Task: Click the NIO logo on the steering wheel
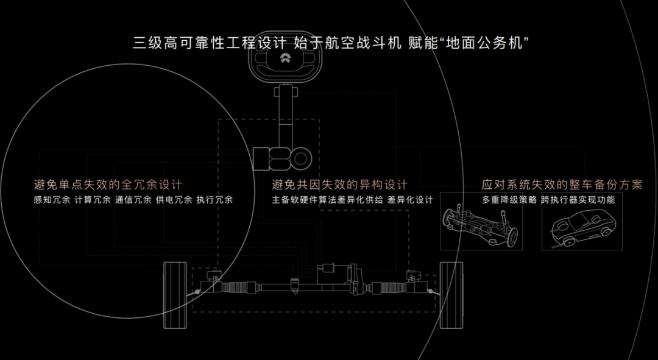click(283, 59)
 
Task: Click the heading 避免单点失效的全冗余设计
click(108, 185)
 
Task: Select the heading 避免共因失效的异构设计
click(339, 185)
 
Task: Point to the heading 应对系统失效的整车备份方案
click(562, 185)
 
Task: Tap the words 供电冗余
click(174, 200)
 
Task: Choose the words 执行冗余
click(214, 200)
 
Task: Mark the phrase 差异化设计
click(410, 200)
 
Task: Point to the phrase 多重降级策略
click(509, 200)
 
